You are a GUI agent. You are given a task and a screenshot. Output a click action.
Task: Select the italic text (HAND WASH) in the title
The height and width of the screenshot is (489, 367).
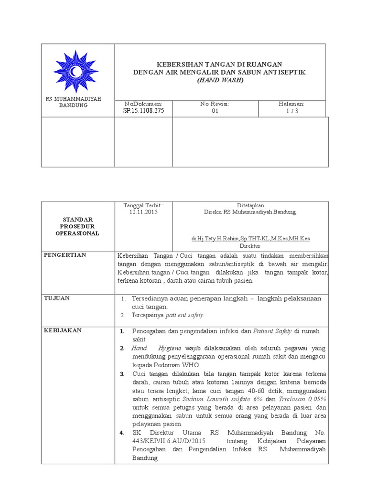[x=220, y=80]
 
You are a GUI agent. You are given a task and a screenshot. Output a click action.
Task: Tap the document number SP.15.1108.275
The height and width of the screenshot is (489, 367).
[x=143, y=111]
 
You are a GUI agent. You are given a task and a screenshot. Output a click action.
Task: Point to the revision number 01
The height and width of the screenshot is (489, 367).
[x=215, y=111]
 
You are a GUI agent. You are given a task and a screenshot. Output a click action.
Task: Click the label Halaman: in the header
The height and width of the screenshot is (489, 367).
[x=291, y=104]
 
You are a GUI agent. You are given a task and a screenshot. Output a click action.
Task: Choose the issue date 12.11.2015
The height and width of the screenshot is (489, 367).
[x=143, y=212]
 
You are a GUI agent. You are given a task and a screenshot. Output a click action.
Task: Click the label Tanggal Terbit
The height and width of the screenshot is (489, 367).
[x=143, y=205]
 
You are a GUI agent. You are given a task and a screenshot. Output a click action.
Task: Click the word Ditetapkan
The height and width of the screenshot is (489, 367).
[x=250, y=205]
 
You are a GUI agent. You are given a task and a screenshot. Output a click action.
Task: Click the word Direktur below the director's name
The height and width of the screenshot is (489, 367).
[x=250, y=245]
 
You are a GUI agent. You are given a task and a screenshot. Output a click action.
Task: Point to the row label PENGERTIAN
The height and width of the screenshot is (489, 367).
[x=65, y=255]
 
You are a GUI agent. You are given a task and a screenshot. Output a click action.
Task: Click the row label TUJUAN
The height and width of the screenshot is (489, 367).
[x=57, y=298]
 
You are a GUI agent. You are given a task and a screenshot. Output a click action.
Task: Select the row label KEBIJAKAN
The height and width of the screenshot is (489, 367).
[x=63, y=330]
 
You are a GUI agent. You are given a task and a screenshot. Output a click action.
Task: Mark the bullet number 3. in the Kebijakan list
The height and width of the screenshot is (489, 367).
[x=122, y=373]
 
